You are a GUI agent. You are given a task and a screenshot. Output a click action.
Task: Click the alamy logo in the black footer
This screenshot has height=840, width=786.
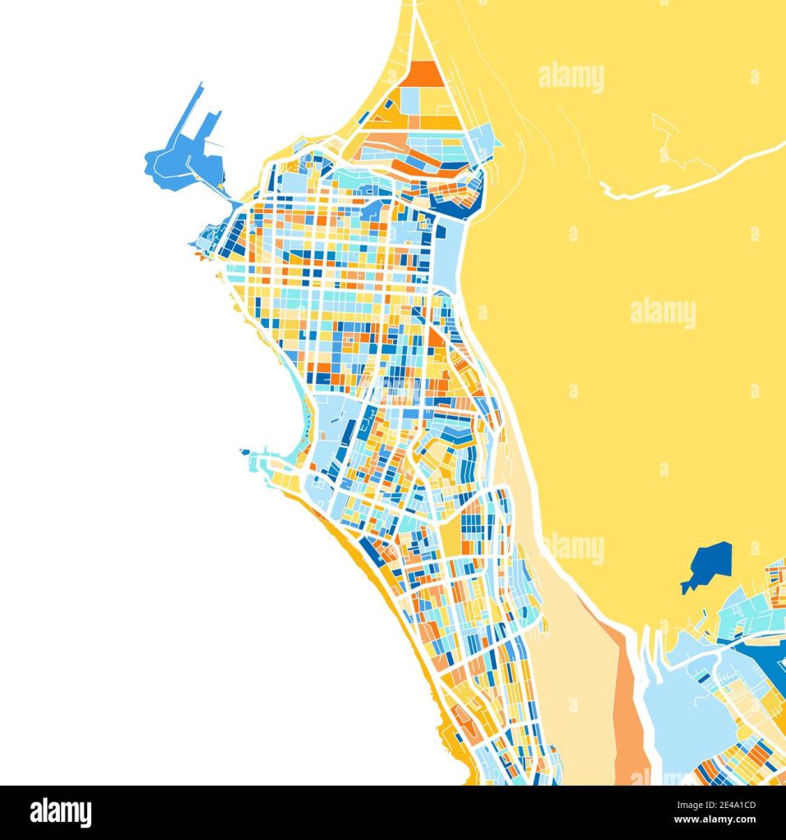coord(61,812)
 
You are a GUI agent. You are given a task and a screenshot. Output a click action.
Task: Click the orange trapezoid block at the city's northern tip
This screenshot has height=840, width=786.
coord(424,74)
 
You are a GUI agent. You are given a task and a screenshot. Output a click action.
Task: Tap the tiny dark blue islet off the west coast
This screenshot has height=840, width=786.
coord(244,451)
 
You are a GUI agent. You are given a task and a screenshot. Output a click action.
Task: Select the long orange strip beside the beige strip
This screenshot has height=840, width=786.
coord(628,705)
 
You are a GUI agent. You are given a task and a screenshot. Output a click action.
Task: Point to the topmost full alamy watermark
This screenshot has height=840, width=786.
coord(571,77)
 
